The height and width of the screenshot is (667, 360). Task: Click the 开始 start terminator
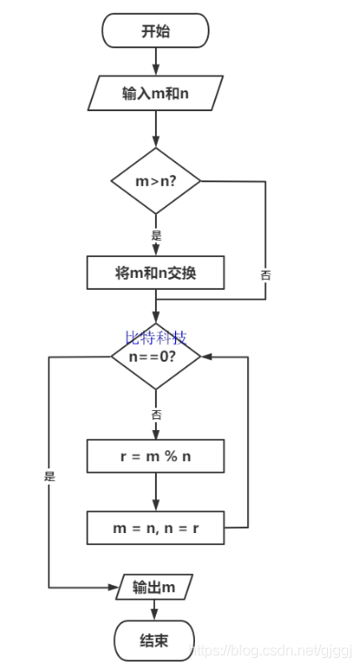[155, 31]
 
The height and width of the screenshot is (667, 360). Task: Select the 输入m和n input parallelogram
[157, 92]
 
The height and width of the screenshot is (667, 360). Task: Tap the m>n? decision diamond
[156, 181]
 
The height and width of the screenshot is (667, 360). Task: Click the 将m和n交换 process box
[156, 272]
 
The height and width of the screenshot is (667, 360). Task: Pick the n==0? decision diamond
[156, 356]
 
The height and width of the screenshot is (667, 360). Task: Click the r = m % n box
[156, 457]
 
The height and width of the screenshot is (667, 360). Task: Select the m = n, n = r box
[156, 528]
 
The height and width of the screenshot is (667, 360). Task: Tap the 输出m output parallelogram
[154, 587]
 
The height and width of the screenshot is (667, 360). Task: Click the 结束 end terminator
[154, 641]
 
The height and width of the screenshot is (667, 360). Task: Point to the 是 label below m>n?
[156, 235]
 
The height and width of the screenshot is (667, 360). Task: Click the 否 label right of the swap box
[265, 273]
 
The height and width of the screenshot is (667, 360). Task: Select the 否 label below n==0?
[156, 414]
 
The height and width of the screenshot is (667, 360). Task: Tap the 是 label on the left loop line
[49, 476]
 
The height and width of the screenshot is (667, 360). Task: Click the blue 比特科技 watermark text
[155, 338]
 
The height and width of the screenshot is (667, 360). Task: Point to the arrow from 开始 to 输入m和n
[156, 61]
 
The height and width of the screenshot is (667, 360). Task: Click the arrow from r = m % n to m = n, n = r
[156, 492]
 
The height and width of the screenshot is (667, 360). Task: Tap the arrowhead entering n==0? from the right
[206, 356]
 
